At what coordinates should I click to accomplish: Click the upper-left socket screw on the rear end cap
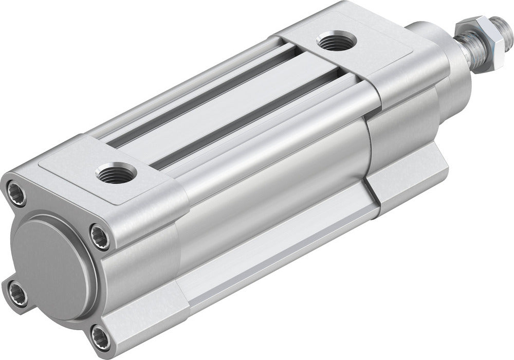(16, 193)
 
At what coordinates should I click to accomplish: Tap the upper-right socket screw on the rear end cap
(99, 237)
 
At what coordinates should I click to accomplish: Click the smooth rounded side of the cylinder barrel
(272, 170)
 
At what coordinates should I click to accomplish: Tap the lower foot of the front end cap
(406, 180)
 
